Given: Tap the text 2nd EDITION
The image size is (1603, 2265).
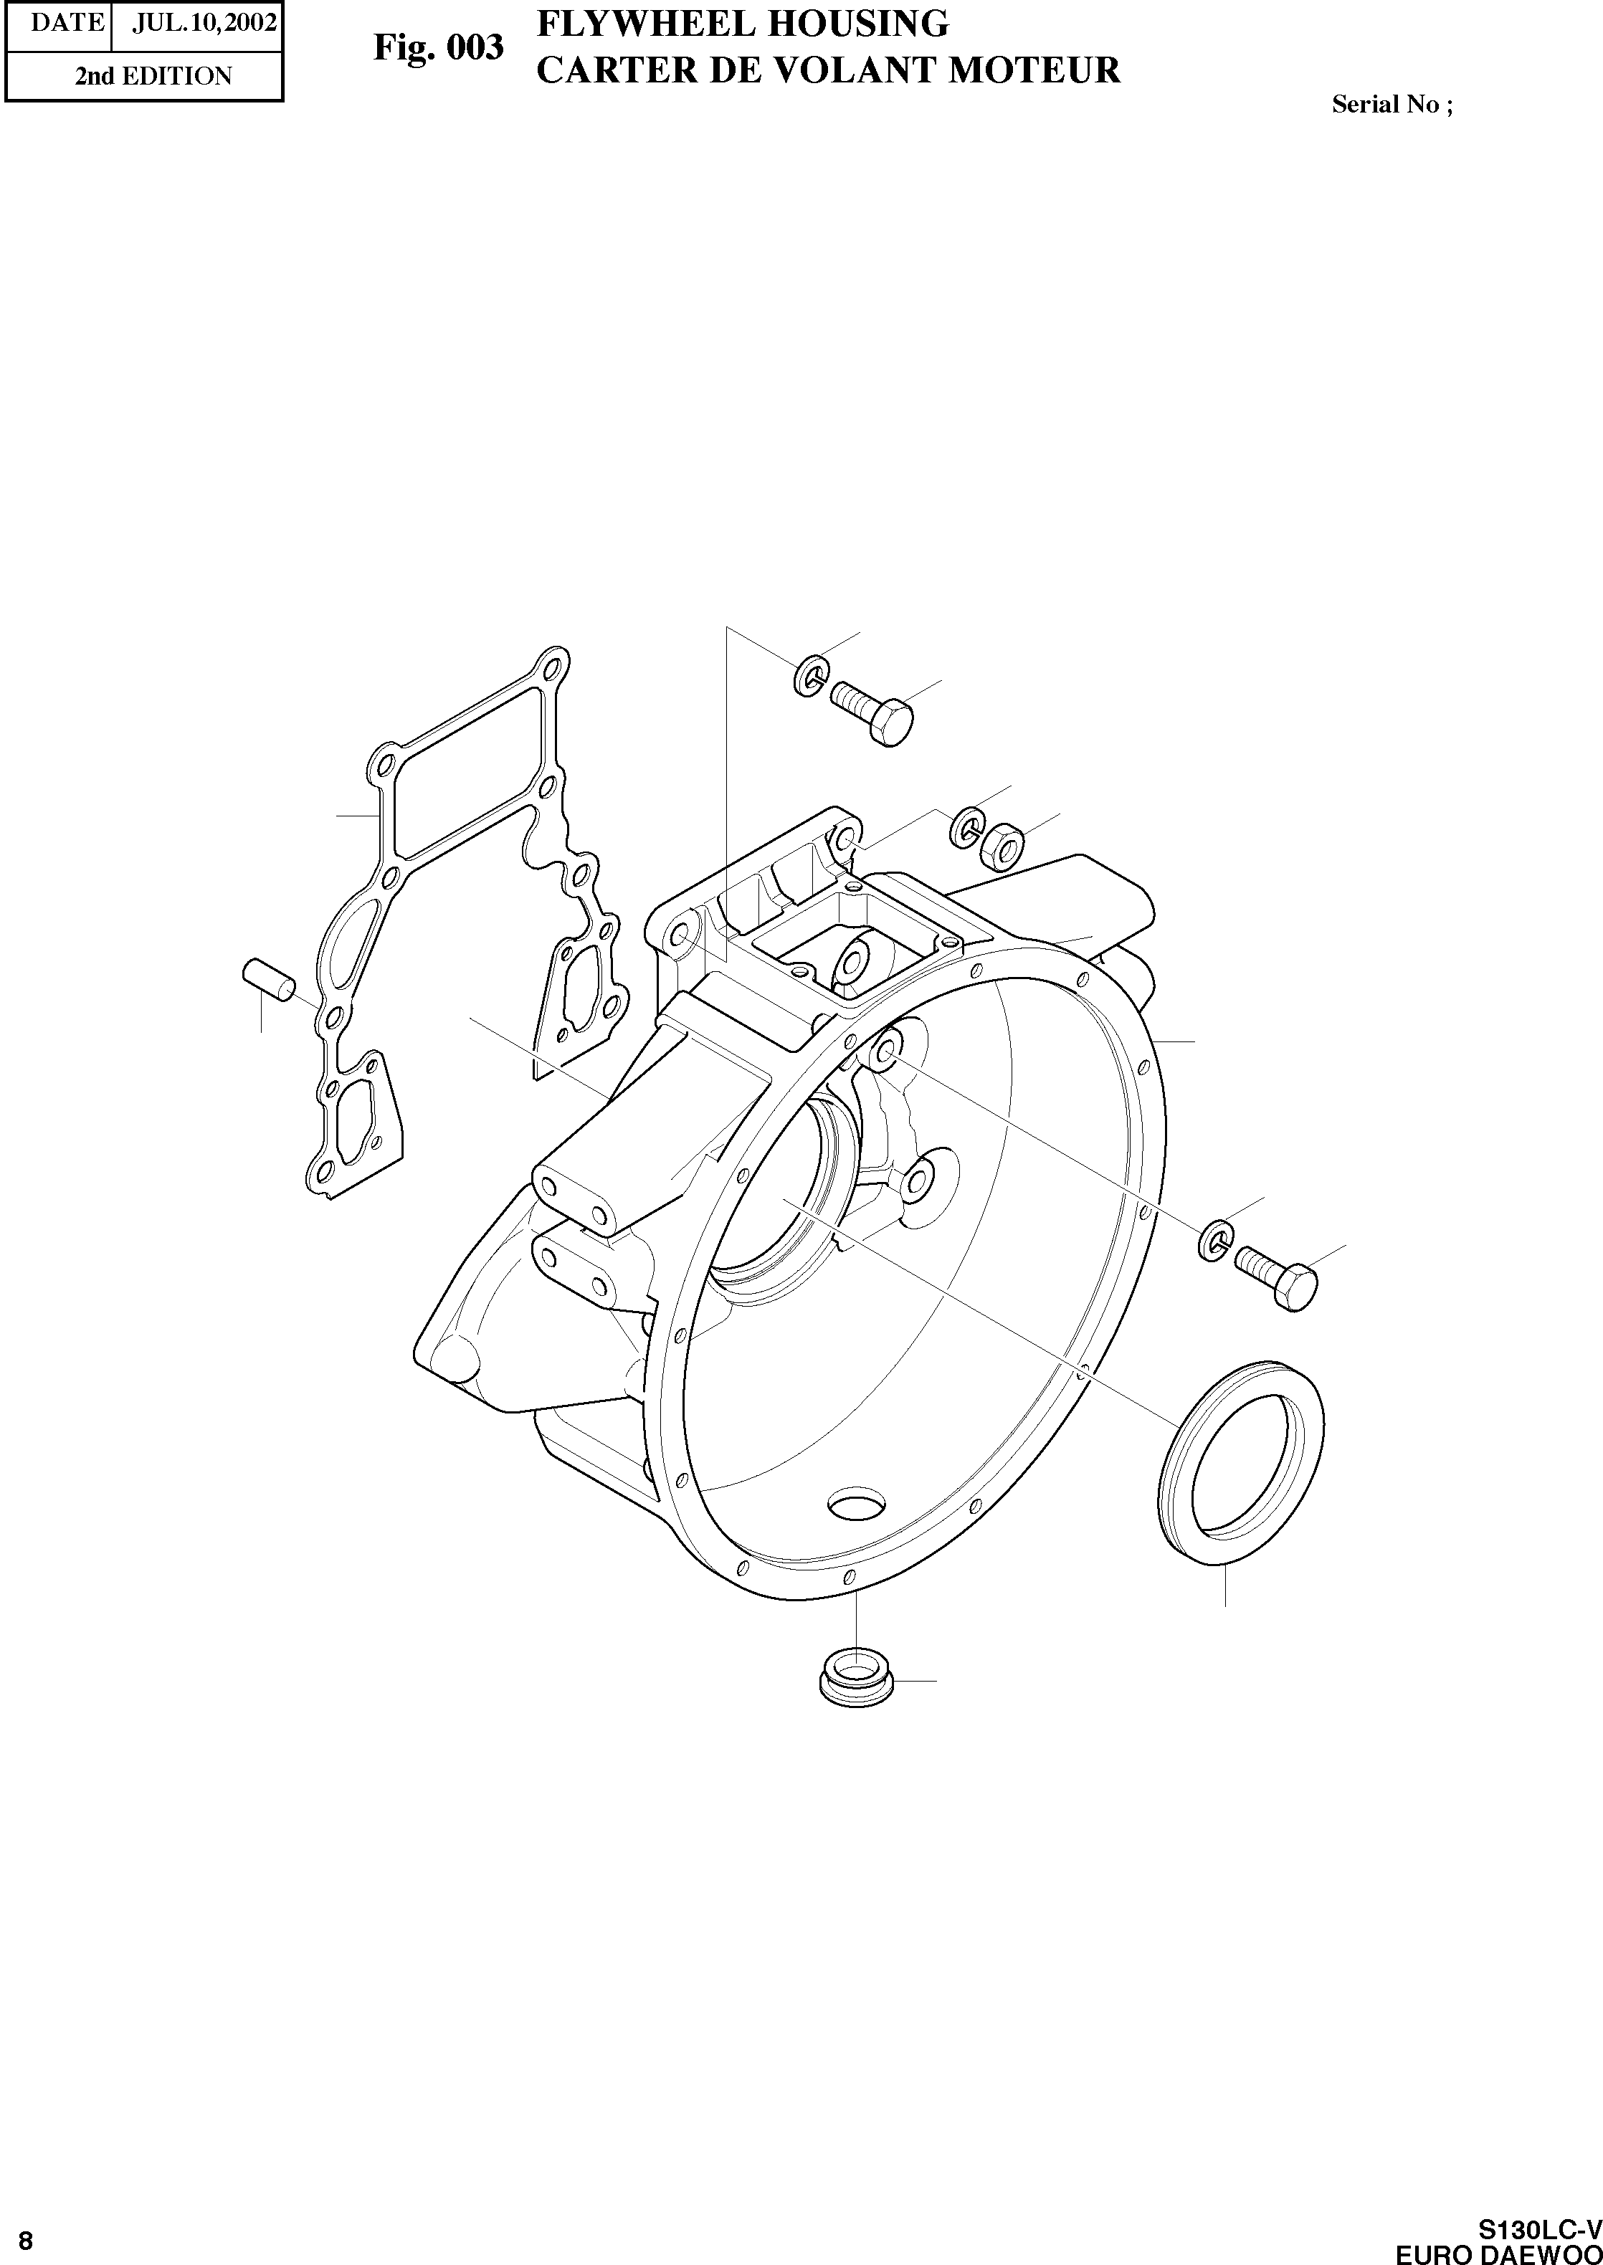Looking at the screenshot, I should click(x=154, y=76).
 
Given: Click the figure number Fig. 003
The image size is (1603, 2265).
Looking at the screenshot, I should click(x=438, y=47).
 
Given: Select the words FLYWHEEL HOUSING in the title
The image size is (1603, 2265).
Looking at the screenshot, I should click(x=742, y=24).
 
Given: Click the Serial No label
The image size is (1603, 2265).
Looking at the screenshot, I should click(x=1392, y=105).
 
